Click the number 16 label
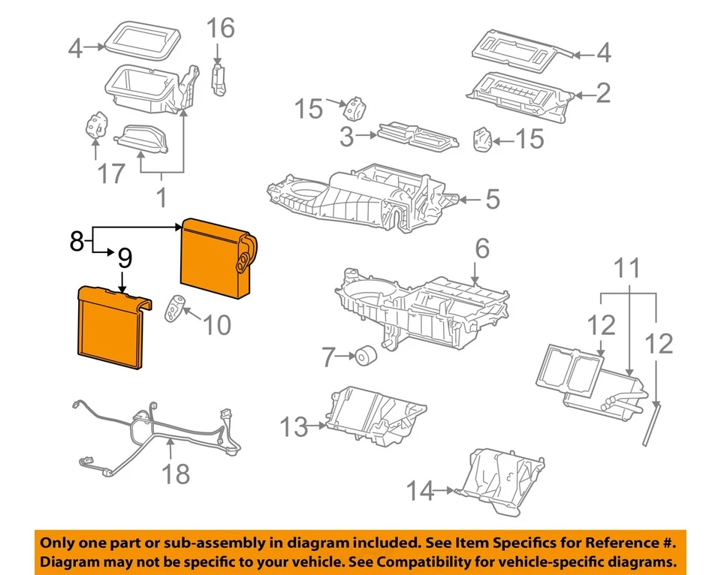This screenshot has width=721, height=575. (221, 29)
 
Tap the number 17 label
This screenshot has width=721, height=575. (111, 175)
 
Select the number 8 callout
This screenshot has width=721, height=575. (76, 241)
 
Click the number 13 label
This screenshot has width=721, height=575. (294, 428)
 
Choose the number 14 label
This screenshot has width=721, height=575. (421, 492)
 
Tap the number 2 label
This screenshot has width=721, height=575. (603, 93)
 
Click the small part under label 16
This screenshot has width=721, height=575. (220, 79)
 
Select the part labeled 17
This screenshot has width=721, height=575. (95, 126)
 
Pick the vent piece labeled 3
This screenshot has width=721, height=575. (416, 136)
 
